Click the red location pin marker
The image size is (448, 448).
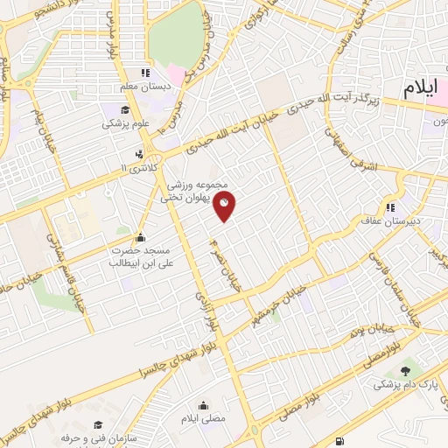tap(225, 206)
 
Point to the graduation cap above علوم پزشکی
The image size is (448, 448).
tap(125, 110)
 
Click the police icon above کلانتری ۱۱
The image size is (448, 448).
tap(137, 152)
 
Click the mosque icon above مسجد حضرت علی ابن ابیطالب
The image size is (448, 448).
tap(139, 236)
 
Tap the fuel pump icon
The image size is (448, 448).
tap(339, 440)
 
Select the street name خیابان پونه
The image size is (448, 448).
tap(367, 334)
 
